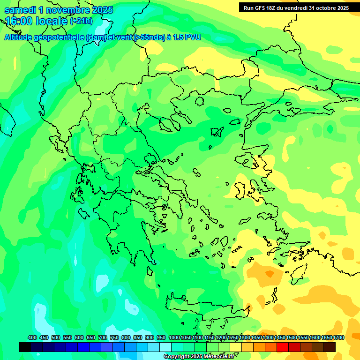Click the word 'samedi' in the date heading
(20, 10)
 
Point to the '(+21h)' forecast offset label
(81, 21)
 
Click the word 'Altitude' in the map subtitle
(21, 37)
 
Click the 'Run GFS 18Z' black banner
(296, 8)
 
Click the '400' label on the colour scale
(32, 337)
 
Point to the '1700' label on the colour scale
(338, 337)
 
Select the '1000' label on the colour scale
(174, 337)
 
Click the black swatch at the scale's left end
(25, 347)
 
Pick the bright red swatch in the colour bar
(283, 347)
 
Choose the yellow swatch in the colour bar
(236, 347)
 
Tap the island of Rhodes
(298, 274)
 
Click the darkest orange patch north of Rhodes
(269, 273)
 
